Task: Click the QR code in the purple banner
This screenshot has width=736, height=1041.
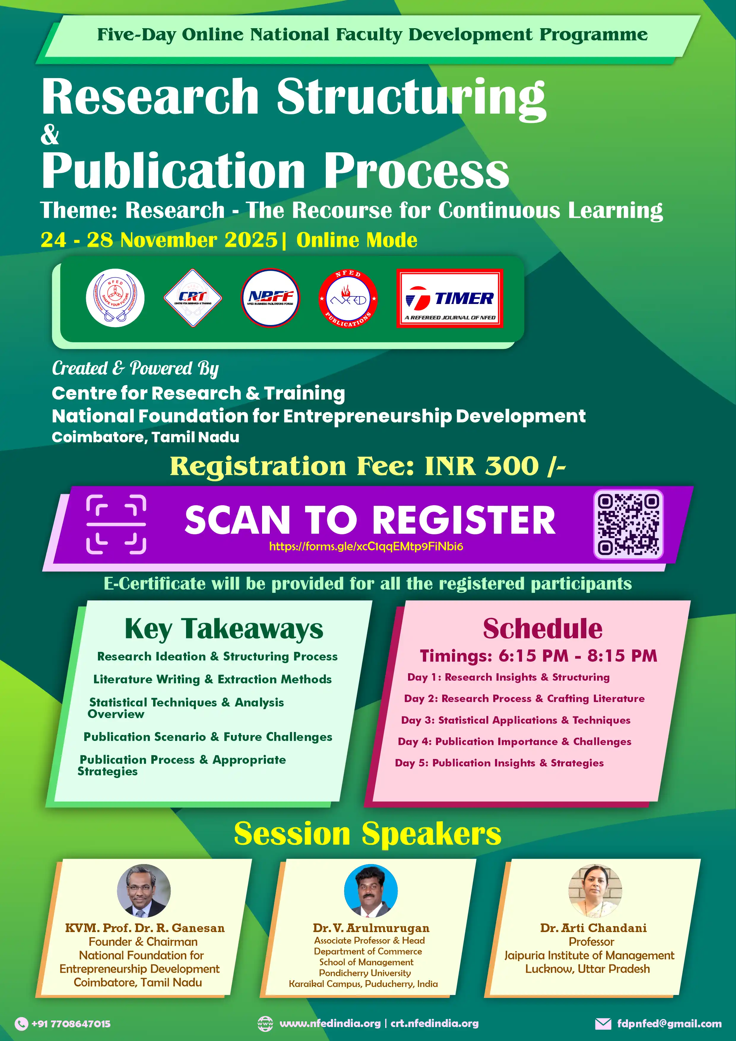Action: point(628,524)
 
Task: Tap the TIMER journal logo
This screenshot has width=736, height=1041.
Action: point(450,298)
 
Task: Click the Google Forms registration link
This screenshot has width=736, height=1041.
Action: point(366,546)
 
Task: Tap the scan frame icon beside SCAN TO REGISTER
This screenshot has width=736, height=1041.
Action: point(116,525)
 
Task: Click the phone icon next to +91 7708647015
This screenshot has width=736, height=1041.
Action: point(21,1023)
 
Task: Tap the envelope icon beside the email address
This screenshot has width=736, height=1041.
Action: point(603,1023)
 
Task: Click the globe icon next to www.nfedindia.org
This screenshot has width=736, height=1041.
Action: point(265,1023)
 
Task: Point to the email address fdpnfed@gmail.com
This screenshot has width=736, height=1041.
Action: point(670,1023)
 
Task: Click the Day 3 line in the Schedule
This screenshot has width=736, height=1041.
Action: point(516,720)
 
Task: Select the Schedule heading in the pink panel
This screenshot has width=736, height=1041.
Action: point(543,629)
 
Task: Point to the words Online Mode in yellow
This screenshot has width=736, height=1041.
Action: point(357,240)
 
